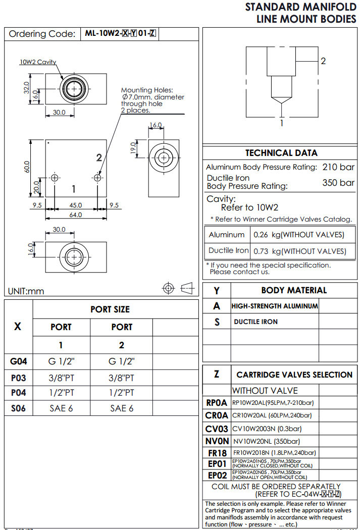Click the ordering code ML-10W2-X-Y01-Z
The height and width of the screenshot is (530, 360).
pos(121,34)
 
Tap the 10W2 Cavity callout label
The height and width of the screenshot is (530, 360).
pos(38,62)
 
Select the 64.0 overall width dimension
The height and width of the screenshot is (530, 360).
pos(76,215)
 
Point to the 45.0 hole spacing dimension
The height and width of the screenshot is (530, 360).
pos(76,205)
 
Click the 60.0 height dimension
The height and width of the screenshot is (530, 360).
pos(27,167)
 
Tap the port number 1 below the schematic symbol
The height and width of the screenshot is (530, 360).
pos(282,122)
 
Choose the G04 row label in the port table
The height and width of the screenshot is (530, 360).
pos(18,361)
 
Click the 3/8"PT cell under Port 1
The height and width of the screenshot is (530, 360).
pos(61,378)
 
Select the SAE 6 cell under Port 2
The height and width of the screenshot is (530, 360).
pos(122,408)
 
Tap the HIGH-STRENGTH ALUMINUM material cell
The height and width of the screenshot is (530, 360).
pos(275,306)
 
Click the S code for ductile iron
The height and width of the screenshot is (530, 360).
pos(217,322)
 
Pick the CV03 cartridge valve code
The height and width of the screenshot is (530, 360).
pos(217,429)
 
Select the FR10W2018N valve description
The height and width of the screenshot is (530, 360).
pos(275,453)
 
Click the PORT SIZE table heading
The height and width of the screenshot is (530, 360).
pos(110,309)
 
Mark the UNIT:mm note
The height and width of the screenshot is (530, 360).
pos(26,291)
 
